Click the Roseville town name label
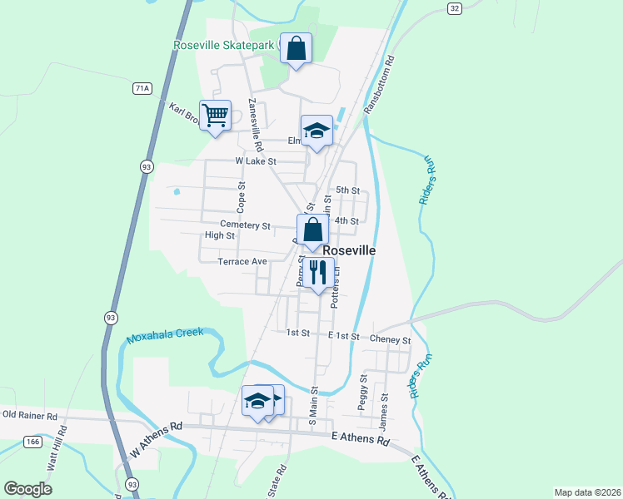click(348, 250)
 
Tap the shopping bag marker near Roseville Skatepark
click(296, 49)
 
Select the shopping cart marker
click(216, 116)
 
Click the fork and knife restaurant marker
click(317, 272)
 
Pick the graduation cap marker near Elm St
click(316, 131)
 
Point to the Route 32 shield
click(453, 7)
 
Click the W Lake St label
click(256, 161)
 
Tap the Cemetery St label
click(245, 225)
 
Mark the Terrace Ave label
click(242, 261)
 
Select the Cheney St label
click(391, 340)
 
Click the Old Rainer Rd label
click(29, 414)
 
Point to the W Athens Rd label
click(156, 440)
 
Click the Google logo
click(27, 489)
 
